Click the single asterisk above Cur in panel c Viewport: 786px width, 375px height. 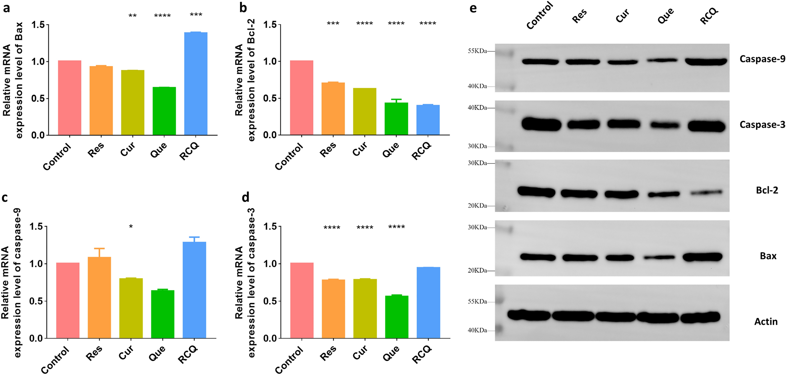pyautogui.click(x=131, y=227)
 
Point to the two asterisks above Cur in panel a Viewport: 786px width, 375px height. pyautogui.click(x=132, y=16)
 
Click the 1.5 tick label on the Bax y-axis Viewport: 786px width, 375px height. pyautogui.click(x=38, y=25)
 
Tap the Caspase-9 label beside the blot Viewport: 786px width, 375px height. pyautogui.click(x=762, y=59)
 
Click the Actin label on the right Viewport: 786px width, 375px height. pyautogui.click(x=766, y=322)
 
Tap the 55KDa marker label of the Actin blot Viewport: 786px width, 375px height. pyautogui.click(x=477, y=301)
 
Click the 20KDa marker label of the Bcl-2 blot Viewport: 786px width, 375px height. pyautogui.click(x=477, y=206)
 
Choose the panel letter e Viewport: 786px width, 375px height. pyautogui.click(x=473, y=8)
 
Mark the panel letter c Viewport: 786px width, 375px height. pyautogui.click(x=5, y=198)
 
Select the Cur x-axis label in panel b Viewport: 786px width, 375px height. pyautogui.click(x=360, y=149)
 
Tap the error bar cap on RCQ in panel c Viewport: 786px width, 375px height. pyautogui.click(x=194, y=237)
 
